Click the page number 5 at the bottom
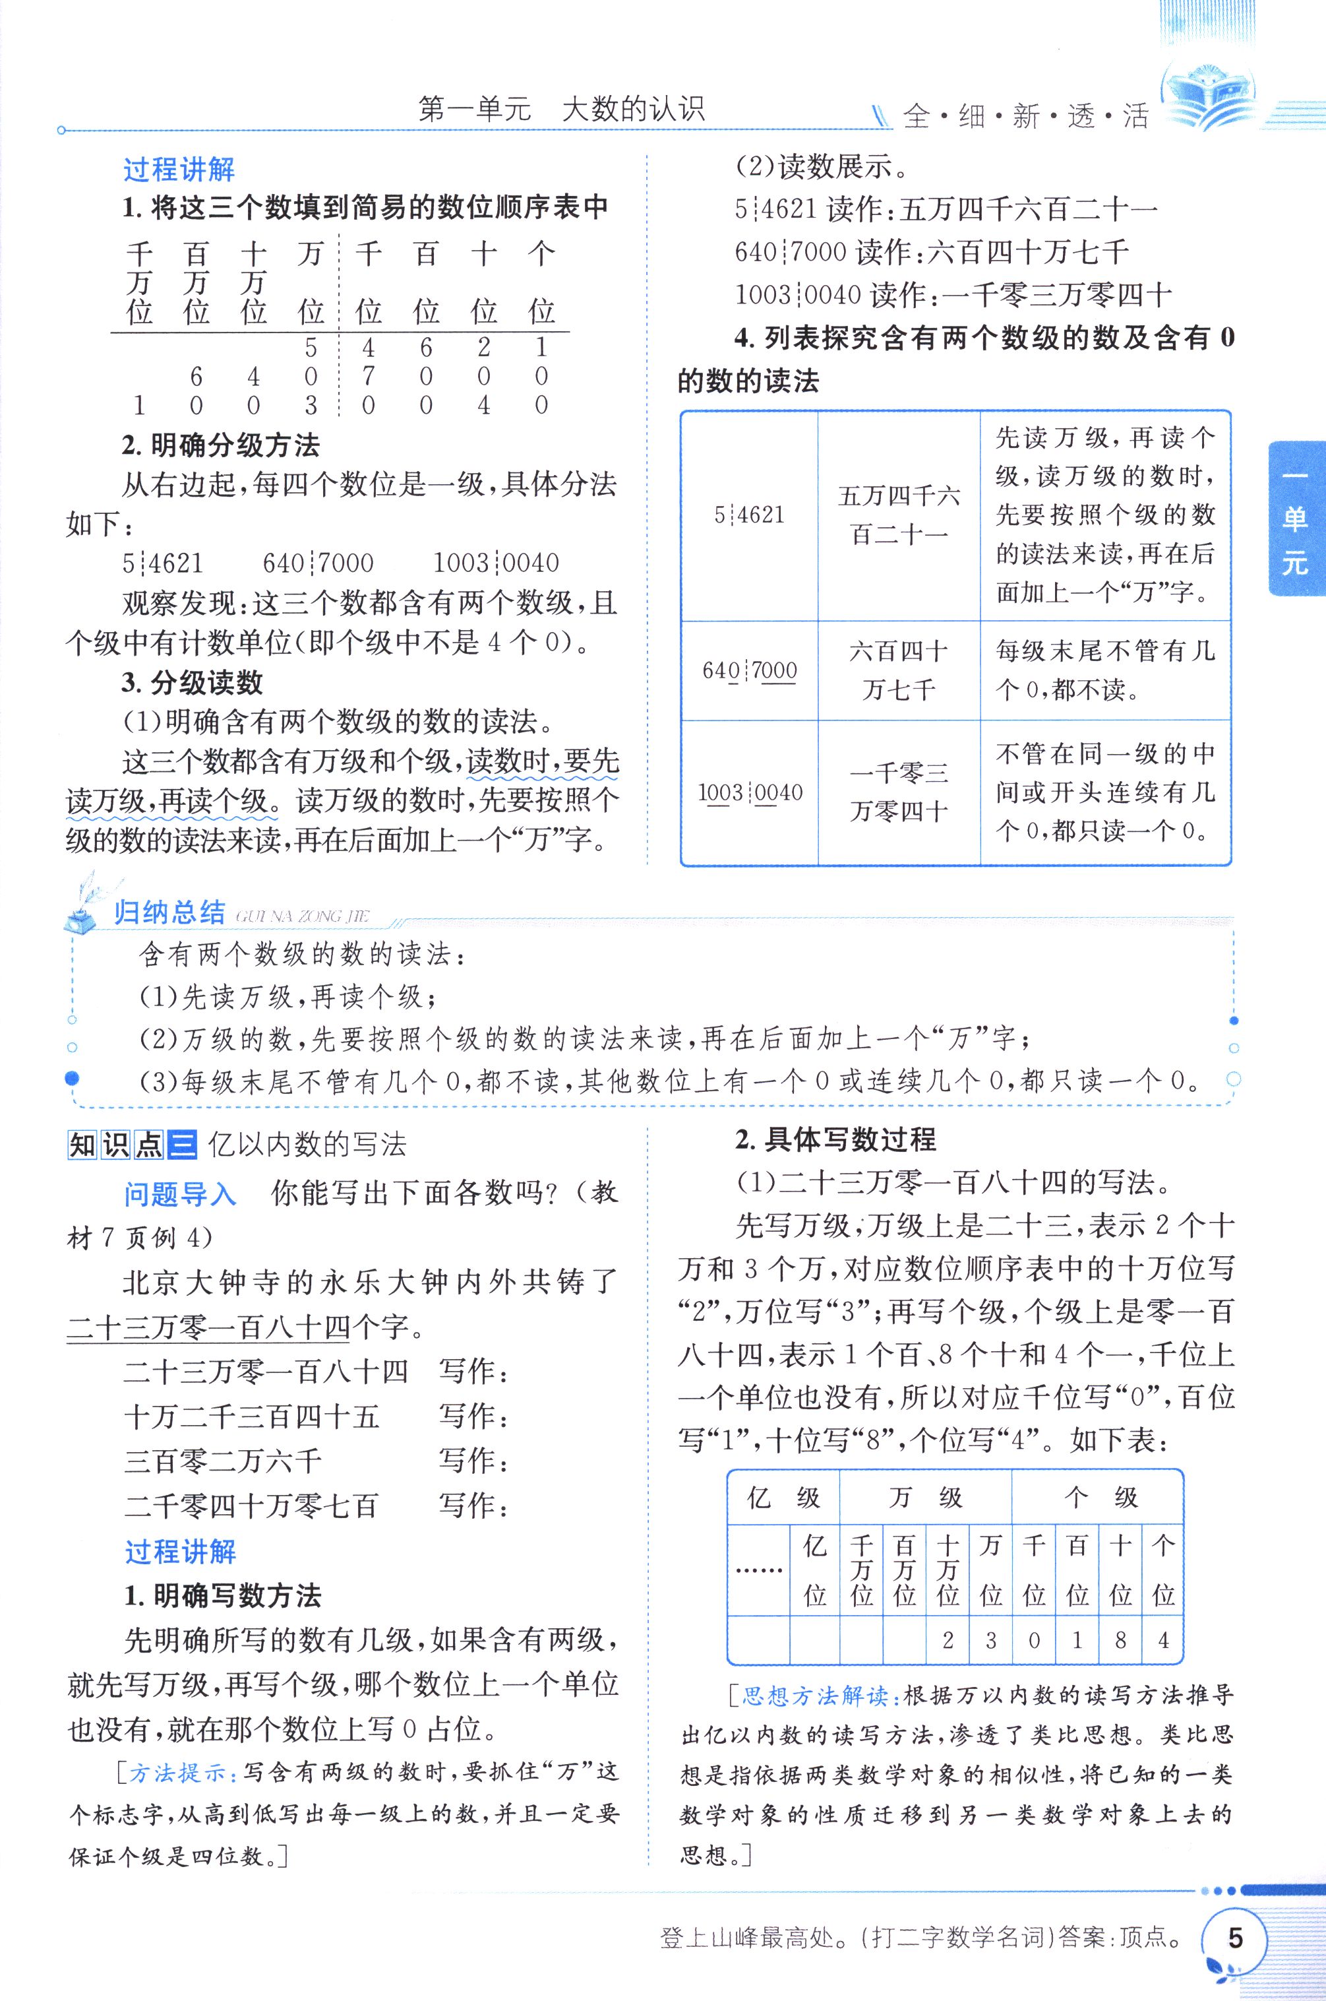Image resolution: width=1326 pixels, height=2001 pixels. coord(1236,1938)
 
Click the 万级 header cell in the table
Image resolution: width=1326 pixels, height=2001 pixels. coord(925,1498)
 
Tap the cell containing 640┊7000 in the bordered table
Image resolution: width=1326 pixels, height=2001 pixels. coord(749,671)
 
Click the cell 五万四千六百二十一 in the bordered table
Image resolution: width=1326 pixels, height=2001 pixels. coord(898,515)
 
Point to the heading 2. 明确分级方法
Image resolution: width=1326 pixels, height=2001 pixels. coord(221,445)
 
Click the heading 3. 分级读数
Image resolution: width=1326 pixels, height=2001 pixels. coord(192,683)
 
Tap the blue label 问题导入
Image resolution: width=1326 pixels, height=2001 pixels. coord(180,1194)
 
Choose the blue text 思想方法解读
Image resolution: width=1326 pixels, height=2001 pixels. coord(814,1695)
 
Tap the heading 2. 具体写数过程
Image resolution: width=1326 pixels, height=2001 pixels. coord(835,1139)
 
